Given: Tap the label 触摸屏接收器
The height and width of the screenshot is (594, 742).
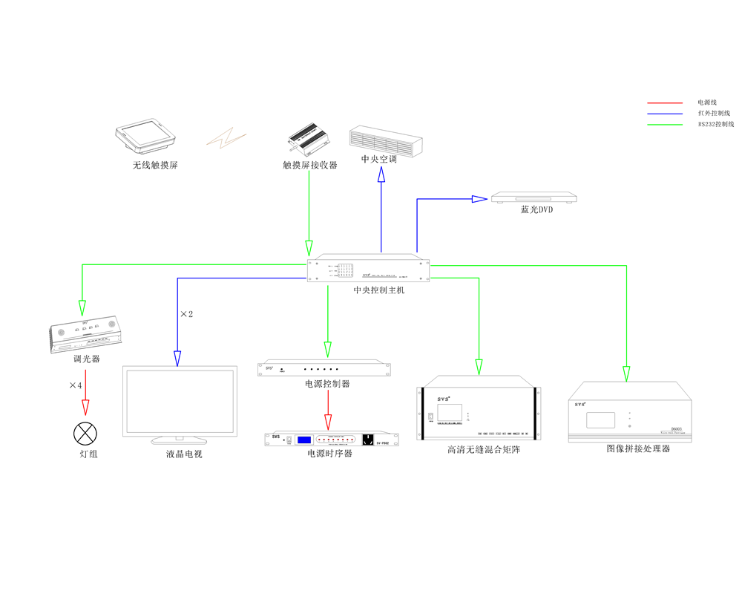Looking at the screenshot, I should click(309, 165).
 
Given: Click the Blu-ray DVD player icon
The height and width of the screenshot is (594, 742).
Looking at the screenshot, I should click(534, 198).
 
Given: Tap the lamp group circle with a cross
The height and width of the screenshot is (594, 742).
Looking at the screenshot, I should click(85, 433).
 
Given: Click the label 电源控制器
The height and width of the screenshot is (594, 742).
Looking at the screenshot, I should click(327, 384).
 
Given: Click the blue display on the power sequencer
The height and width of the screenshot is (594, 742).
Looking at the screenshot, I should click(304, 440).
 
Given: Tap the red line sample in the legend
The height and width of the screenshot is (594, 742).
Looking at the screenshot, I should click(664, 102).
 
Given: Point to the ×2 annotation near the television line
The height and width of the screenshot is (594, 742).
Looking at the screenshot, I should click(186, 315).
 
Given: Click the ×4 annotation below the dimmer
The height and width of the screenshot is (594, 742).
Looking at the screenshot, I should click(76, 385).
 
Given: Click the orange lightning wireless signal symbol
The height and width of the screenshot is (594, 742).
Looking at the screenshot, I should click(226, 137).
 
